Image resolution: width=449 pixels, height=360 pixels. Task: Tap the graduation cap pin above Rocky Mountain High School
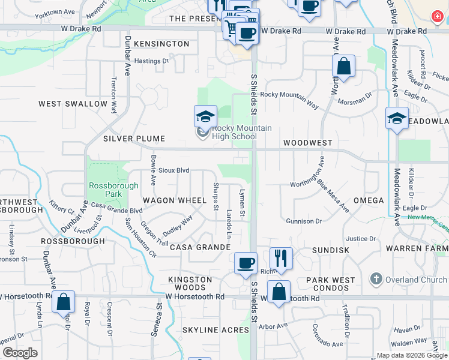(x=205, y=116)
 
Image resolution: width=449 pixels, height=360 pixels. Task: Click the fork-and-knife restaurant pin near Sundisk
(x=280, y=259)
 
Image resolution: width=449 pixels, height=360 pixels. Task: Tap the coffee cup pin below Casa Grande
(x=246, y=263)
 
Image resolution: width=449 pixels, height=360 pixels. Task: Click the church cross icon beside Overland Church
(x=376, y=279)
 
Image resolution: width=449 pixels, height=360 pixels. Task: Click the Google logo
(x=20, y=353)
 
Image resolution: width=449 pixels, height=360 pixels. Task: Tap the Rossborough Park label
(x=105, y=190)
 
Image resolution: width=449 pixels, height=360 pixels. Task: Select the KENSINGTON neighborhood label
(x=161, y=44)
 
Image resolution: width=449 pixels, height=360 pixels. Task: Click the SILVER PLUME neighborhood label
(x=134, y=139)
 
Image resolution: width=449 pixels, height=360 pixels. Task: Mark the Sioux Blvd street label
(x=174, y=170)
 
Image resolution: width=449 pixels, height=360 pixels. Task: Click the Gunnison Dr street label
(x=304, y=221)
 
